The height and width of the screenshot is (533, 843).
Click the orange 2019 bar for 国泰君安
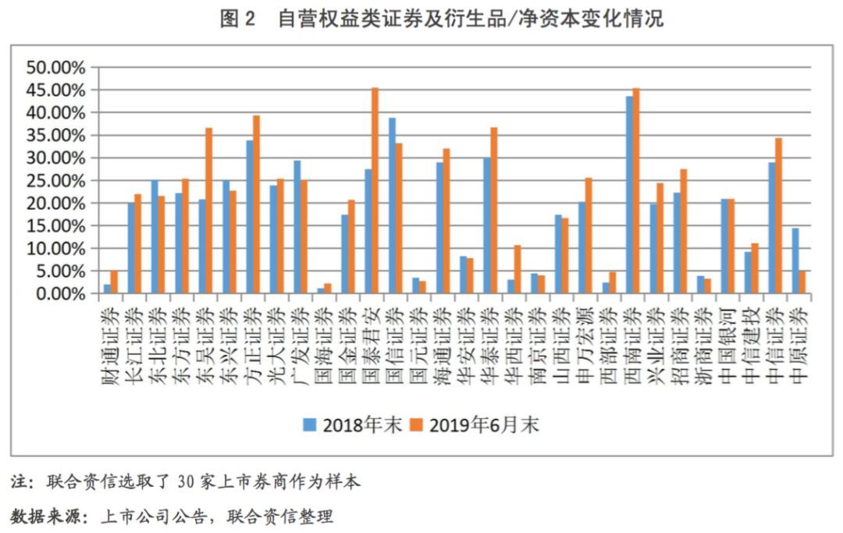375,191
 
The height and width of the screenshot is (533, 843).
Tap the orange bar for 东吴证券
208,211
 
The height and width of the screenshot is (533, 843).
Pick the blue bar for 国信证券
392,206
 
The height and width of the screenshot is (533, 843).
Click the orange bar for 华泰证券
493,211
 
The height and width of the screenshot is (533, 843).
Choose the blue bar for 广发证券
297,227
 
